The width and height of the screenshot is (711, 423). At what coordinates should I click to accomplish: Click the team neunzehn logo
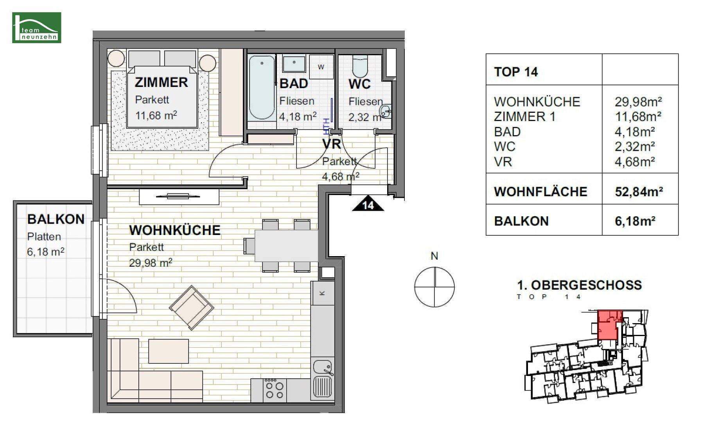coord(37,27)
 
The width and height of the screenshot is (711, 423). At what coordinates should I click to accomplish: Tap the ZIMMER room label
coord(161,82)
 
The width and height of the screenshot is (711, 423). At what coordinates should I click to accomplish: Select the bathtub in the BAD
coord(262,87)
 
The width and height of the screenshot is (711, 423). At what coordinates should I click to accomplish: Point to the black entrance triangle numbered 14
coord(368,203)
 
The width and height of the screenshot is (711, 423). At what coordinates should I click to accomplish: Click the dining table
coord(286,246)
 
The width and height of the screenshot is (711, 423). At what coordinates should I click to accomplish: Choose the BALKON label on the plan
coord(56,219)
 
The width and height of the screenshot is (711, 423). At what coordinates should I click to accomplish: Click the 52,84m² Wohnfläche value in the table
coord(639,192)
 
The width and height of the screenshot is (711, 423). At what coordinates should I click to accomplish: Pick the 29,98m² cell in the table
coord(638,102)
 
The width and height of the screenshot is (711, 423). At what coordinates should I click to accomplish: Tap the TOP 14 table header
coord(516,72)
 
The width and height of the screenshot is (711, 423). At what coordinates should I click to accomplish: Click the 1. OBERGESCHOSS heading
coord(579,285)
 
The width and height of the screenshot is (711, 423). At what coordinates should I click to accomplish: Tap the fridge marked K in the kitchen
coord(323,293)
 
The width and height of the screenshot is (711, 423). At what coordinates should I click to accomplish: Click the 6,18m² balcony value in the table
coord(635,221)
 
